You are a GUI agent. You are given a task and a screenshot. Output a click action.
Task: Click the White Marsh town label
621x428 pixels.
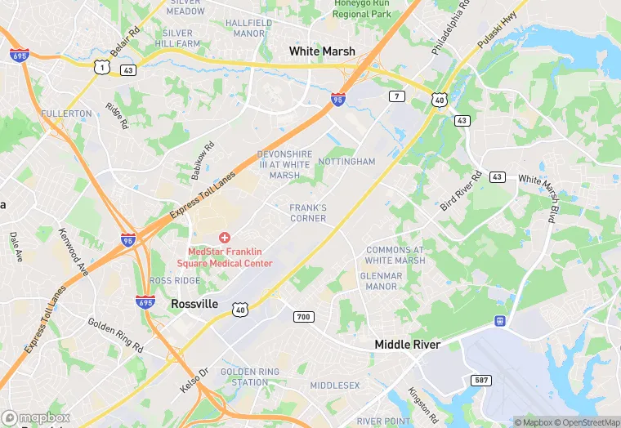tap(322, 51)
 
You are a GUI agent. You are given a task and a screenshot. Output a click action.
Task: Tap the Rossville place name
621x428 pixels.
tap(194, 304)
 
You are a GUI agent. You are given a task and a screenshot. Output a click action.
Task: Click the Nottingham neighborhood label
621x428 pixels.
tap(346, 162)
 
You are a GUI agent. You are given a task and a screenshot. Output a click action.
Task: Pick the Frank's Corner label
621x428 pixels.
tap(308, 213)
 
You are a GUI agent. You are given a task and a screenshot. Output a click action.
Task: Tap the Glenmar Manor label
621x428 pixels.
tap(382, 281)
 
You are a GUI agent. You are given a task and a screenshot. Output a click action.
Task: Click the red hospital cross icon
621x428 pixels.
tap(224, 237)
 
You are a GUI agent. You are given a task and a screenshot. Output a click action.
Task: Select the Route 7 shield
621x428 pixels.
tap(397, 96)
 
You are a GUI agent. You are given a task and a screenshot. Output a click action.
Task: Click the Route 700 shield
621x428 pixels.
tap(303, 316)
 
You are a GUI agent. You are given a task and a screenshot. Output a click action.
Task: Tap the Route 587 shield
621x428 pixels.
tap(481, 381)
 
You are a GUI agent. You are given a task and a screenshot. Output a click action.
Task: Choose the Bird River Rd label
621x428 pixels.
tap(462, 191)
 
